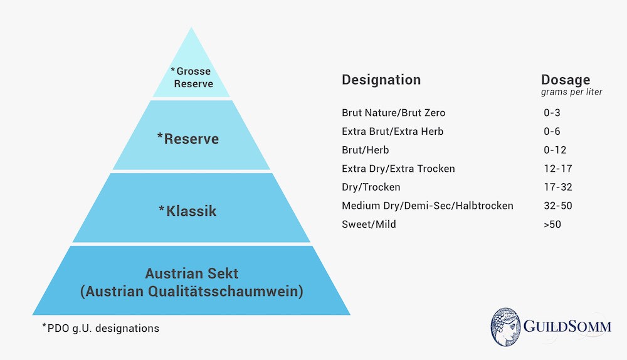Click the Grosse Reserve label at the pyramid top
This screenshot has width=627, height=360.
point(192,77)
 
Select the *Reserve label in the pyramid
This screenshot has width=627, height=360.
point(188,138)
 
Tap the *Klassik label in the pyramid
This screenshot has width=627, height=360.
point(187,210)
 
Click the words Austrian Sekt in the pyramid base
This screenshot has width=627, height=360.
point(191,274)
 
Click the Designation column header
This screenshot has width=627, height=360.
point(381,80)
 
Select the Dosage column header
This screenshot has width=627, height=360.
point(565,80)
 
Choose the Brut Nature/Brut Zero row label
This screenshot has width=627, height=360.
point(393,113)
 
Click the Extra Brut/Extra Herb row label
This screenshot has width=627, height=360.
point(392,132)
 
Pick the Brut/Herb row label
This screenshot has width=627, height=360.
point(364,150)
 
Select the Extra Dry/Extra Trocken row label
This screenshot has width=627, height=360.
point(398,169)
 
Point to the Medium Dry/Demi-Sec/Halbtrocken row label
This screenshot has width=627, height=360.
point(428,206)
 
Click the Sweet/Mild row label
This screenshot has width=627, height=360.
point(368,224)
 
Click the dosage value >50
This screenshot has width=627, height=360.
point(552,224)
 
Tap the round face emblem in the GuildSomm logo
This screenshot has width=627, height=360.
point(510,327)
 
